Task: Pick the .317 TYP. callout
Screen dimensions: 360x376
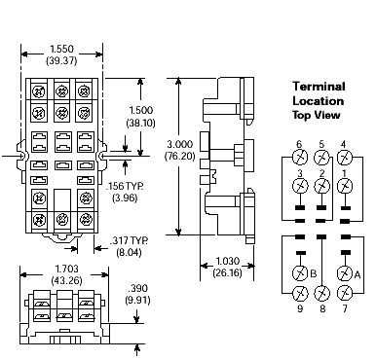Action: tap(130, 239)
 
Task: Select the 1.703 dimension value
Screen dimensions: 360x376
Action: tap(64, 268)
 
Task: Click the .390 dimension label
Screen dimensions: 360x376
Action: tap(139, 289)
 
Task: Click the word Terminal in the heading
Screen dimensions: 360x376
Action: tap(320, 86)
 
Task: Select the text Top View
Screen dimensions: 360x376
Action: tap(320, 114)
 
